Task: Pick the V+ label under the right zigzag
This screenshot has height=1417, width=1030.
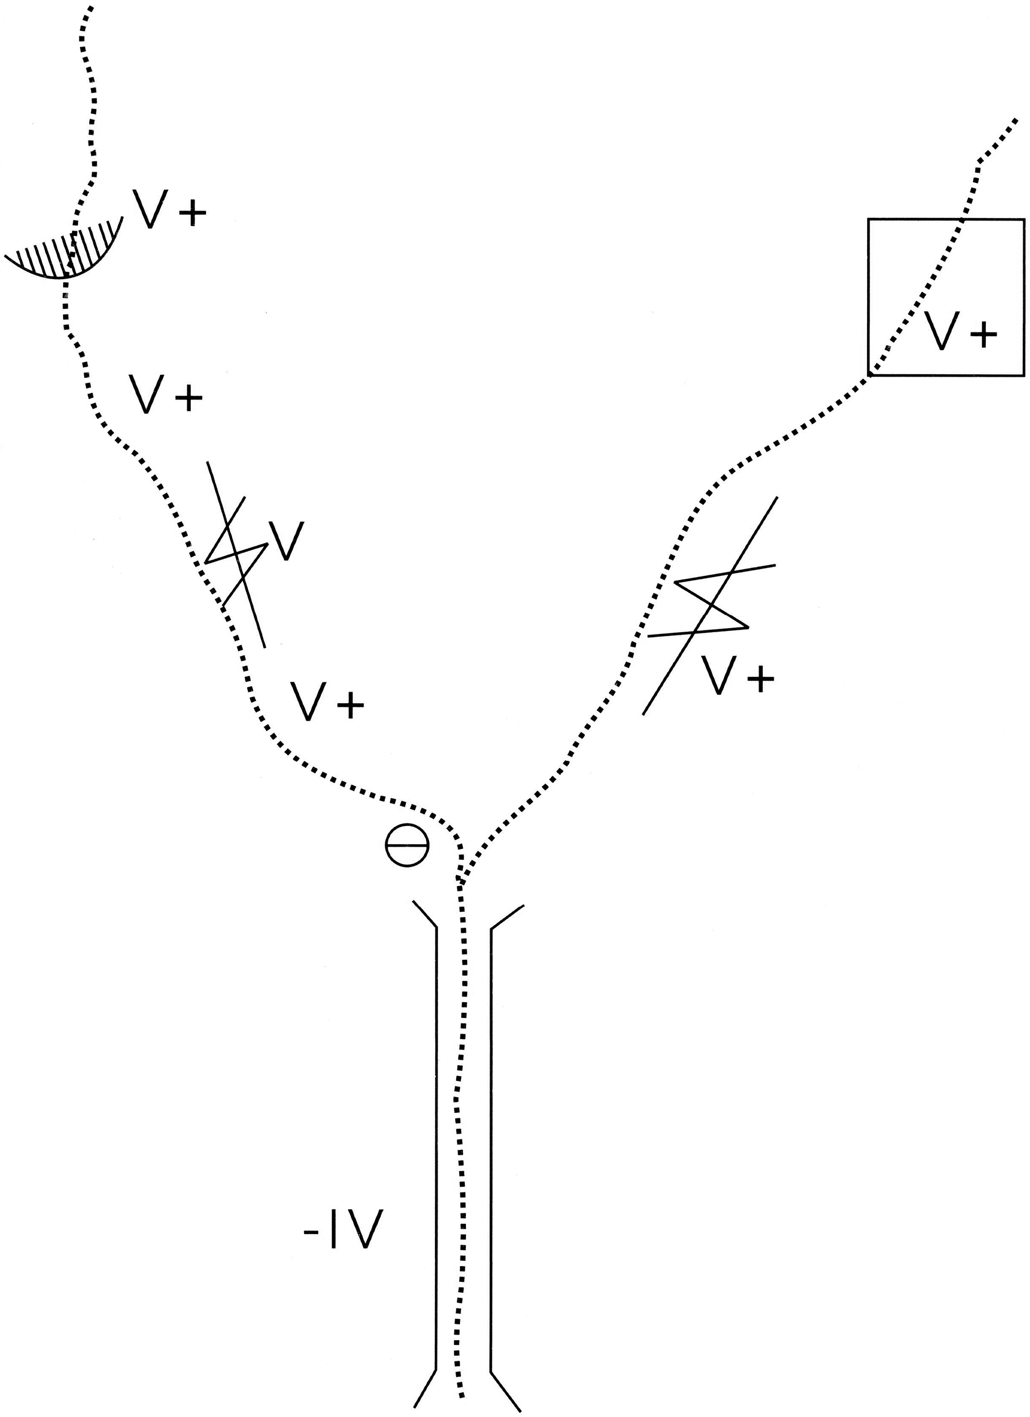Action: (x=737, y=675)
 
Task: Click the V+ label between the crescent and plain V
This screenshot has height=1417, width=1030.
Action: (x=165, y=394)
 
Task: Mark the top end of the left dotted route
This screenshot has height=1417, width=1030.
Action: (x=91, y=7)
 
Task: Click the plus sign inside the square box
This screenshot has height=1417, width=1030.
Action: (x=983, y=334)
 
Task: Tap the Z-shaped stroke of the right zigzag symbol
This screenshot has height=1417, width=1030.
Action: (x=713, y=603)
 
